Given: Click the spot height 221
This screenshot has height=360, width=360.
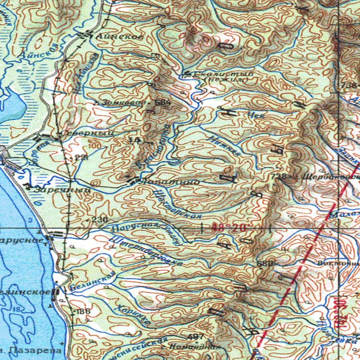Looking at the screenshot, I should (81, 157).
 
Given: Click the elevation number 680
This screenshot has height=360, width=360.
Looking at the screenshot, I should (264, 264).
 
